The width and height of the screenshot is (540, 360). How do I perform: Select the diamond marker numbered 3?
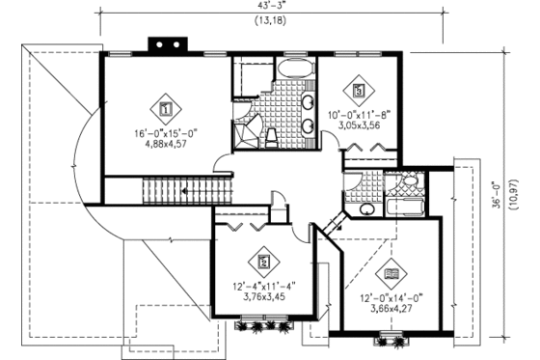[x=359, y=92]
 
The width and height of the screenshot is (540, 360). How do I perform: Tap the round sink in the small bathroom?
[x=366, y=208]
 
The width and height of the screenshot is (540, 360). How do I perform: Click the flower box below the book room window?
[x=392, y=339]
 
